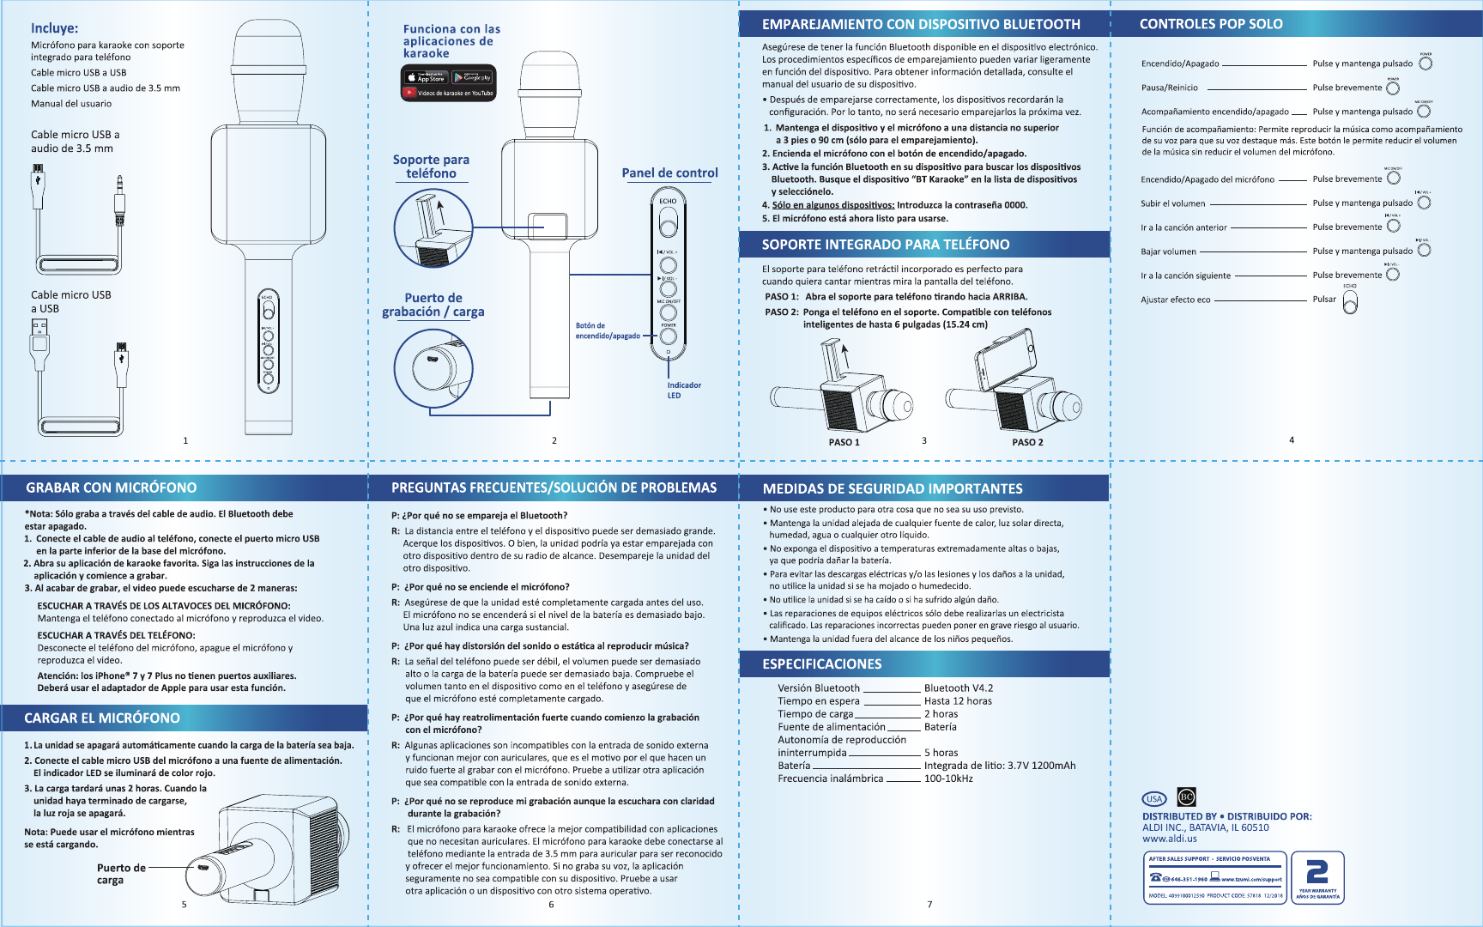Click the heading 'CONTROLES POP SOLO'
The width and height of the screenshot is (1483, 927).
[1210, 24]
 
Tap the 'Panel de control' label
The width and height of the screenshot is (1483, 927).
[669, 173]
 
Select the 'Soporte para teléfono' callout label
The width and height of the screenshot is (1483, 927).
[431, 167]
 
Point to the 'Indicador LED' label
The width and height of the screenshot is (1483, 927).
[684, 391]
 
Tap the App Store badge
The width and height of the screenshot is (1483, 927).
[427, 77]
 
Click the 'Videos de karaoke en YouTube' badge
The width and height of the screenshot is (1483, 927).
[449, 94]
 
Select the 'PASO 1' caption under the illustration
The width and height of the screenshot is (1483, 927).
[844, 442]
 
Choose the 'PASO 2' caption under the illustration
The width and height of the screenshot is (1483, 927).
[1027, 442]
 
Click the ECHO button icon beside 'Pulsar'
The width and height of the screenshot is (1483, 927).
[1350, 302]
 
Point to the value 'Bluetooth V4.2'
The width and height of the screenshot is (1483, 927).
[958, 688]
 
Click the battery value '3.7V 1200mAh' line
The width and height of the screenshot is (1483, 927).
[999, 766]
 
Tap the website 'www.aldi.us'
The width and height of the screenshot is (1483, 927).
[1169, 839]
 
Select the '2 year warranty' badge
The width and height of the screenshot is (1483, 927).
[1317, 877]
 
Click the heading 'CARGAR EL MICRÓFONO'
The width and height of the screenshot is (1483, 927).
[102, 718]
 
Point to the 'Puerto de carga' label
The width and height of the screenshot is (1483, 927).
[120, 874]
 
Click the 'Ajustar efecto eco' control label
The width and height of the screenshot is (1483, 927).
[1175, 300]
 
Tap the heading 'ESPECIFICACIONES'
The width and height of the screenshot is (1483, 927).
[821, 664]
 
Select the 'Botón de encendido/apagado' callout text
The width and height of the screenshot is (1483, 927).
[607, 330]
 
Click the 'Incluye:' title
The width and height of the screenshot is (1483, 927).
[54, 28]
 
